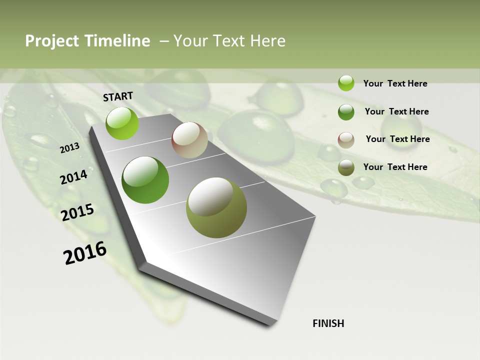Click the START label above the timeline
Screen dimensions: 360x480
[x=118, y=96]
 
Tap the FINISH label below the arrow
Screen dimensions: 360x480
[x=328, y=323]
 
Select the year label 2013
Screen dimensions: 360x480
[x=69, y=147]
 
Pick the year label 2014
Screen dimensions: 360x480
[x=73, y=177]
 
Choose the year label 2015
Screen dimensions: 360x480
[x=77, y=212]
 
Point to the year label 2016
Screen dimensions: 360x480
[x=85, y=253]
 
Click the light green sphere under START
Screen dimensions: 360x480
[x=122, y=123]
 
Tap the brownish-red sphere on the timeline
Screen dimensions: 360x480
[x=189, y=140]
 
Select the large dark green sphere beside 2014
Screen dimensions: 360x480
[x=145, y=180]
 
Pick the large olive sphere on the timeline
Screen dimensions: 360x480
[x=216, y=207]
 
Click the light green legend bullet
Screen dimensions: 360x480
[x=346, y=83]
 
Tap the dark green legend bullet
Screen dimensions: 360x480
[x=346, y=112]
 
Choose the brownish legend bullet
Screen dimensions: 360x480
[x=346, y=140]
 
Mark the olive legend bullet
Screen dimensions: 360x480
[x=346, y=167]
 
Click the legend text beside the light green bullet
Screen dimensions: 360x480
[x=395, y=83]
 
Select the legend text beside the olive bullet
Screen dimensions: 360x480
[x=395, y=167]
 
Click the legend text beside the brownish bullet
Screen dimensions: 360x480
[x=397, y=139]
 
